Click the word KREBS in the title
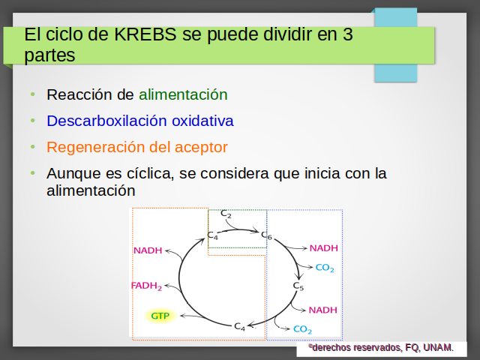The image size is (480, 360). coord(145,34)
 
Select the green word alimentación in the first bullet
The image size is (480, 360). coord(183,94)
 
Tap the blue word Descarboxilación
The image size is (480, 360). coord(106,121)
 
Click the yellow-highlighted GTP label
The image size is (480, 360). coord(160,316)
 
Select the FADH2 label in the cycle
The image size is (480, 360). coord(146,286)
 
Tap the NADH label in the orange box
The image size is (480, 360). coord(148,250)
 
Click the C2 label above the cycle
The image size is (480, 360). coord(226,214)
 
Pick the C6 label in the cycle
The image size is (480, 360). coord(266,235)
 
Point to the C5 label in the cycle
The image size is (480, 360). coord(298,286)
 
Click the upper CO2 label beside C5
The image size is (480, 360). coord(325,268)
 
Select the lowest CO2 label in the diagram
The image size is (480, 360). coord(302,329)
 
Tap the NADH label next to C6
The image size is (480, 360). coord(324,248)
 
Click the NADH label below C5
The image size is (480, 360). coord(323,310)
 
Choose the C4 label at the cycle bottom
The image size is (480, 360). coord(240,327)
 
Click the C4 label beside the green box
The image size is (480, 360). coord(212,235)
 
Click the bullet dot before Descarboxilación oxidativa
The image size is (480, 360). coord(33,121)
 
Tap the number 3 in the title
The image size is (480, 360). coord(348,34)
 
